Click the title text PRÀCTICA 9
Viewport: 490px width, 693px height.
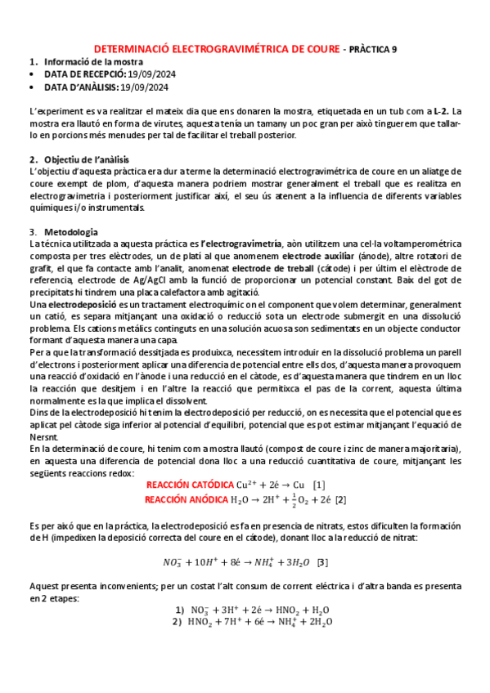click(371, 49)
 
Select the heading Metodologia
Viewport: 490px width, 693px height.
click(71, 232)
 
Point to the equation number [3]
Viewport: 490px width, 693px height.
click(322, 562)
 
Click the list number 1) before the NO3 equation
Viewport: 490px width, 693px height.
click(181, 610)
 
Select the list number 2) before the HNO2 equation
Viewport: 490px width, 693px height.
click(178, 621)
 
